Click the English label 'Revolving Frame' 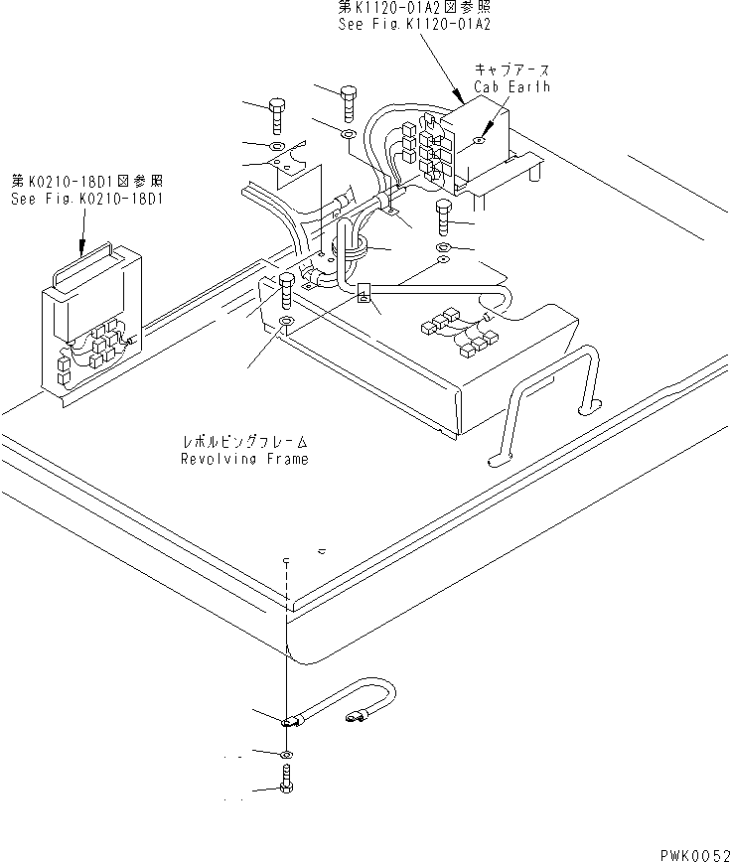tap(243, 459)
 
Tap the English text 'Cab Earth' tap(511, 86)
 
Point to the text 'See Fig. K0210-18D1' tap(87, 199)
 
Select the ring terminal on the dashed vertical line tap(287, 723)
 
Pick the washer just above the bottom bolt tap(287, 755)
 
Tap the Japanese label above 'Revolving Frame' tap(243, 440)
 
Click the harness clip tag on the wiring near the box tap(364, 293)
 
